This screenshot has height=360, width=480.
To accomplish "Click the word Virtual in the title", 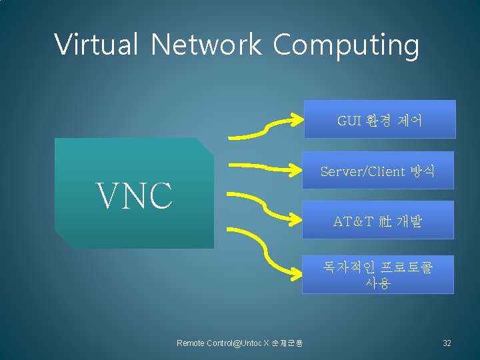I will (96, 45).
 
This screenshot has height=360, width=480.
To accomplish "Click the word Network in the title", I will (205, 45).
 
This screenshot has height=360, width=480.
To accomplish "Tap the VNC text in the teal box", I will (135, 195).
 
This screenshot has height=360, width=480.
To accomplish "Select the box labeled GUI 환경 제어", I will (379, 119).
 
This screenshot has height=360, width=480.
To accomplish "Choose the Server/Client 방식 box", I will (377, 171).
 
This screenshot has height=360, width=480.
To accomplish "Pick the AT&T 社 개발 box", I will (377, 220).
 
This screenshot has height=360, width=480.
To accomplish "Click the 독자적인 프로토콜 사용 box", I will (377, 274).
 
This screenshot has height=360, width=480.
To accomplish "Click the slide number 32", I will (447, 343).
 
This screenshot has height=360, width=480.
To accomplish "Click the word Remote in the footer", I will (191, 343).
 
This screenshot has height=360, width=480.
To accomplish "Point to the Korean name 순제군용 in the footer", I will (288, 343).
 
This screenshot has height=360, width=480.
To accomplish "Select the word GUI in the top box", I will (349, 120).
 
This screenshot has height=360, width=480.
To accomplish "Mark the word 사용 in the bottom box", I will (377, 282).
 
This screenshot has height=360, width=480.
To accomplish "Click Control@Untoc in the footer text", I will (233, 343).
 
